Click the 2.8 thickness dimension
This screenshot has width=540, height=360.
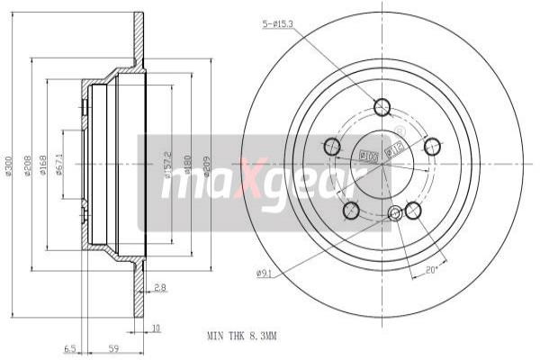(x=158, y=289)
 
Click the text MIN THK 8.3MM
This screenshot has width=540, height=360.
(x=242, y=335)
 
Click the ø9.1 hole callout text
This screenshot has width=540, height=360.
(x=264, y=272)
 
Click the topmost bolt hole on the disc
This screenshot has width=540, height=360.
(x=382, y=107)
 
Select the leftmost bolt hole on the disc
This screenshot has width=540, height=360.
(x=332, y=147)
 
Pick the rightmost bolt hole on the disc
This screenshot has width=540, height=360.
(x=433, y=146)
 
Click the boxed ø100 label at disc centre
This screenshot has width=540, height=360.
(x=368, y=156)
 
